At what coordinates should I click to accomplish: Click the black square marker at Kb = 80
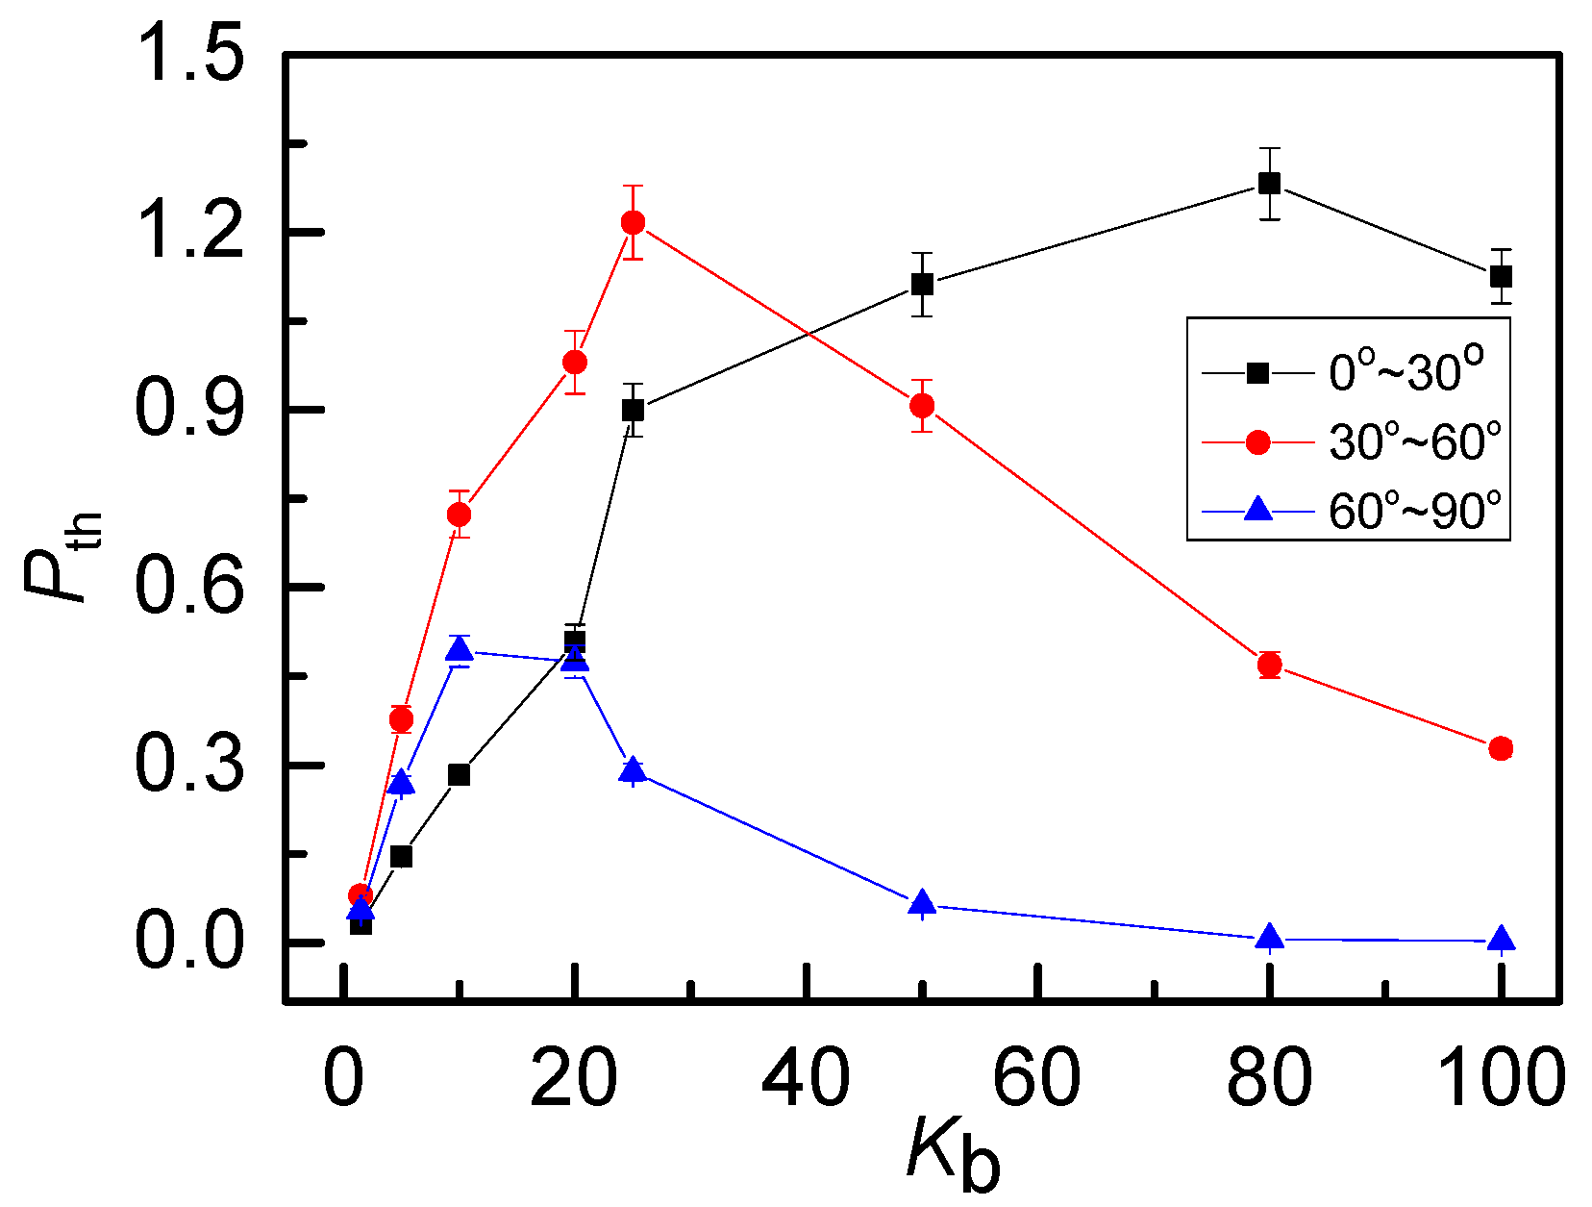[1269, 183]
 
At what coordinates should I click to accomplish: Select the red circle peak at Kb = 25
[633, 222]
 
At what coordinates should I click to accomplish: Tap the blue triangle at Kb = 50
[922, 902]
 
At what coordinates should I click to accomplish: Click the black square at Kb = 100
[1501, 276]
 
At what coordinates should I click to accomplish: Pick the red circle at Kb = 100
[1501, 748]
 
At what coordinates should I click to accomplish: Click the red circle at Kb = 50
[922, 405]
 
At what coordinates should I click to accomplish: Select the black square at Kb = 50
[922, 284]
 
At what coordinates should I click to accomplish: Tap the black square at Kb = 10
[460, 774]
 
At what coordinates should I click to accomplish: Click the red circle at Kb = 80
[1269, 665]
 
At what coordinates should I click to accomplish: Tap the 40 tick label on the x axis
[806, 1078]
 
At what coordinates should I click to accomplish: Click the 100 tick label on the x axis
[1501, 1078]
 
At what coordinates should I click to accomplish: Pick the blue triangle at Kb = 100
[1501, 940]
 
